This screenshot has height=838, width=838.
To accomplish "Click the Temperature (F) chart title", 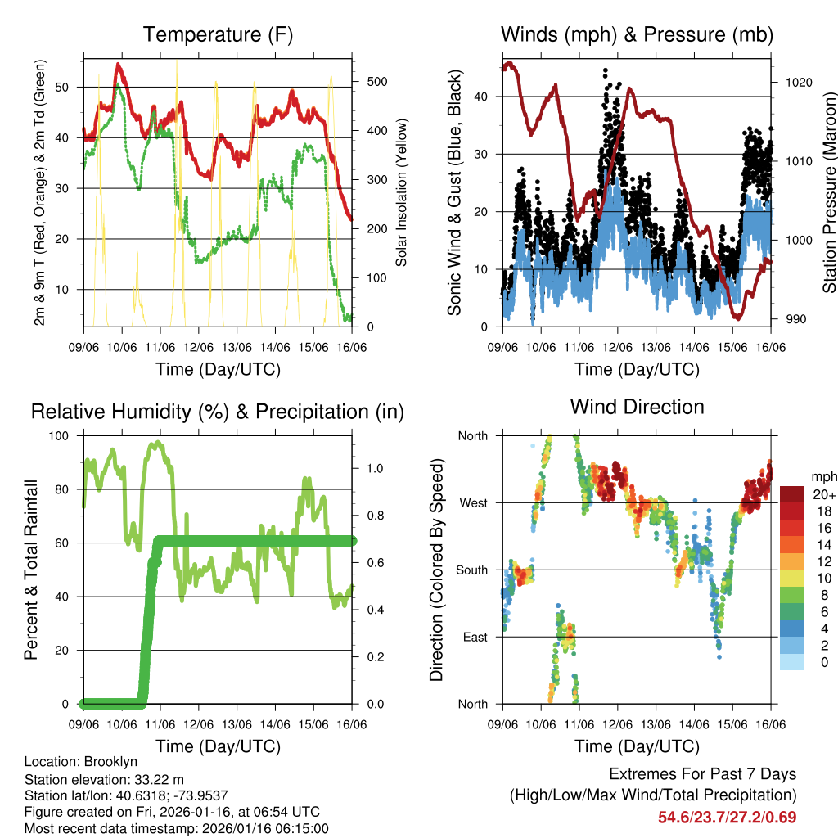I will (218, 34).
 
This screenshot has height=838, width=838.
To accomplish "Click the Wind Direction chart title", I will (637, 407).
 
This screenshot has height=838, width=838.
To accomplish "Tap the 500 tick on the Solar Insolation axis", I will (376, 82).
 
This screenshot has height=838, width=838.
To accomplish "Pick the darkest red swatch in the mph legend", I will (793, 494).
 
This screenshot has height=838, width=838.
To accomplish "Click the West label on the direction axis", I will (473, 503).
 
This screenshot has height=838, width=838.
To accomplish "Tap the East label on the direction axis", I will (474, 637).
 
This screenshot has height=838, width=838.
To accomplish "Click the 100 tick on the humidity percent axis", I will (61, 435).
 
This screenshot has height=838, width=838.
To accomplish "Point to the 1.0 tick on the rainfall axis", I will (375, 470).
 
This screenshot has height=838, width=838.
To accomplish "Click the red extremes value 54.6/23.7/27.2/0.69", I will (727, 818).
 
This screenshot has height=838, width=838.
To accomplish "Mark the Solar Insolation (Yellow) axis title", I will (402, 193).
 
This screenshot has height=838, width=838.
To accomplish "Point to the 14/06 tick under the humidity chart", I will (276, 725).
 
